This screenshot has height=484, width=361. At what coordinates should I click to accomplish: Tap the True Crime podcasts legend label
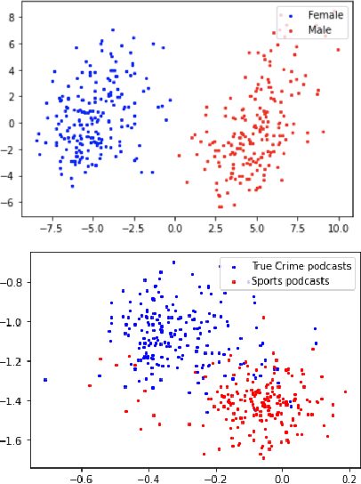tap(289, 265)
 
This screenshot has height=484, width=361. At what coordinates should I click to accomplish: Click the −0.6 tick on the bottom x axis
tap(82, 476)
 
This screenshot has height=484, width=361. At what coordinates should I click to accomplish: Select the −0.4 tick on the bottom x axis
tap(148, 476)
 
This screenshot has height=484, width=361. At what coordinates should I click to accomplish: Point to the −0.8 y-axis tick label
tap(14, 282)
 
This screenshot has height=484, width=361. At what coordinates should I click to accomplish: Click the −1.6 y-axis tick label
tap(14, 440)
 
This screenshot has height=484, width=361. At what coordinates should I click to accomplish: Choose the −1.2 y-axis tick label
tap(14, 361)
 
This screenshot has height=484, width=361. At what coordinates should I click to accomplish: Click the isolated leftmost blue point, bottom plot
tap(45, 380)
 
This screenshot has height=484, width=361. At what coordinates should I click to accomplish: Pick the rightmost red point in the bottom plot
tap(345, 391)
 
